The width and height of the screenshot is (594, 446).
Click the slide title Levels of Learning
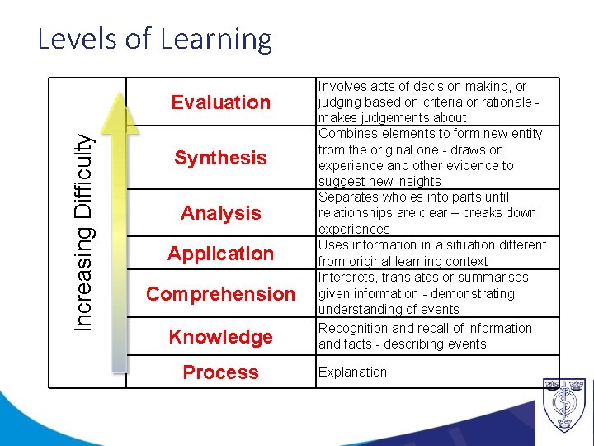(x=154, y=40)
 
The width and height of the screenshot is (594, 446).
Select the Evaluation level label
(x=220, y=102)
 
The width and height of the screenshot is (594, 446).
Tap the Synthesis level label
(x=220, y=158)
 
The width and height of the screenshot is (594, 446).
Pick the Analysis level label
(x=220, y=213)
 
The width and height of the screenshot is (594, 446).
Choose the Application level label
(x=220, y=254)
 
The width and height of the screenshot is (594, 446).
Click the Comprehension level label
(x=220, y=294)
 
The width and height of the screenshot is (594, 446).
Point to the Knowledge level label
(x=220, y=337)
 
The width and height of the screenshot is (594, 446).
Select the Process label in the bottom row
(x=220, y=372)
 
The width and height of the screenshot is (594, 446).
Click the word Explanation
(x=352, y=372)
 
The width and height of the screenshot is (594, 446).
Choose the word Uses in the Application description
(x=332, y=245)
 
